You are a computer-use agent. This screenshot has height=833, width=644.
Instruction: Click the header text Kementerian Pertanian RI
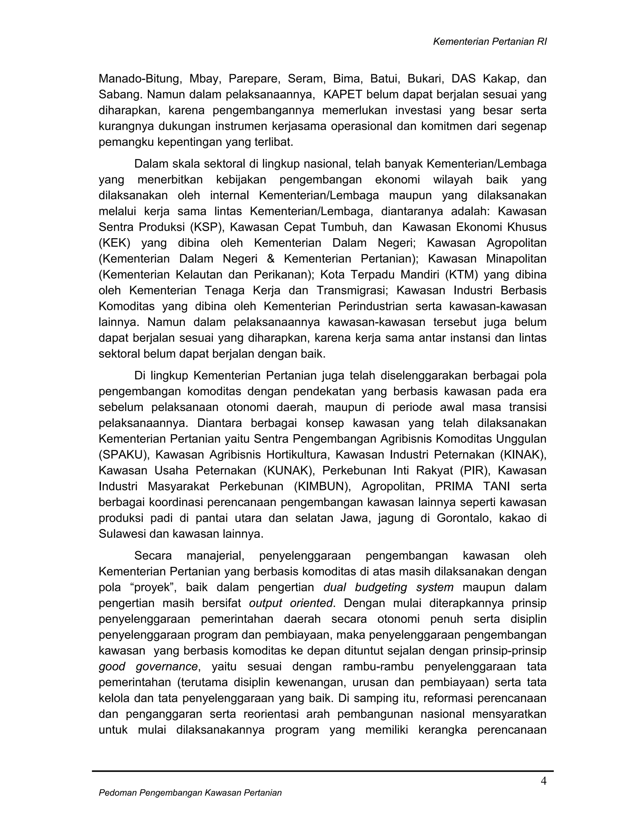(x=490, y=42)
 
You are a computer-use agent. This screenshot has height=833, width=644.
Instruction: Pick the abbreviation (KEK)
(x=114, y=243)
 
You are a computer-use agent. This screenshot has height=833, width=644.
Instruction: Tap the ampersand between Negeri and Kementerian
(x=270, y=259)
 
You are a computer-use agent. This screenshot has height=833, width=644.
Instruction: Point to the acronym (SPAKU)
(x=123, y=455)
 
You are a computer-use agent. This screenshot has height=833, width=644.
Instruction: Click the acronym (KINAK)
(x=526, y=455)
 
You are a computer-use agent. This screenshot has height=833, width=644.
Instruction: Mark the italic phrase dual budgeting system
(x=388, y=588)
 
